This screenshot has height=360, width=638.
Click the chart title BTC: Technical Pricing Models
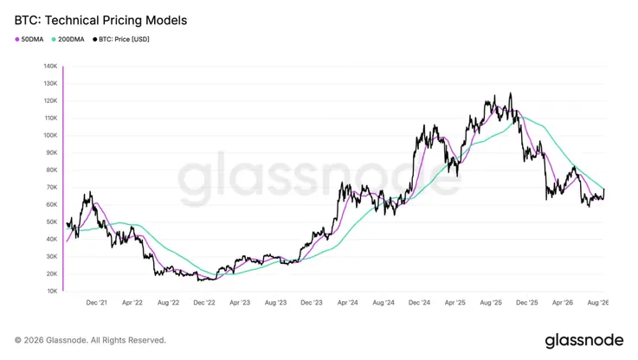(x=100, y=21)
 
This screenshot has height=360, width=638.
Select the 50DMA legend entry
(x=29, y=40)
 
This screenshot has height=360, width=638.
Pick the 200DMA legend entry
(x=68, y=40)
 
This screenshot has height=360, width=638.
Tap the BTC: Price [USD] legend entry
(x=121, y=40)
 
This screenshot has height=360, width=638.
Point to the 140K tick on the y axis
(x=50, y=66)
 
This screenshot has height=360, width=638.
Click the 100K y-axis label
(x=50, y=136)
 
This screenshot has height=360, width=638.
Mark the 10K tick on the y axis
(x=52, y=292)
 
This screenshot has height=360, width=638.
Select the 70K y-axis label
(x=52, y=188)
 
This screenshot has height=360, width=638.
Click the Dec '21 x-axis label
(x=96, y=303)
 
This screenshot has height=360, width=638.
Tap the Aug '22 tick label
(x=168, y=303)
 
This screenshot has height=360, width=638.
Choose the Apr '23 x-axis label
(x=240, y=303)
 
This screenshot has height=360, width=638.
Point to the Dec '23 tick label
(x=312, y=303)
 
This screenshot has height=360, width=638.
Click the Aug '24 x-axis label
(x=383, y=303)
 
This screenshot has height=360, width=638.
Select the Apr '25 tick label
(x=454, y=303)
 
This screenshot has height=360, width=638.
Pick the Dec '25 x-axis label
(x=527, y=303)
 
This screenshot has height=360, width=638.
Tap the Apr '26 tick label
(x=563, y=303)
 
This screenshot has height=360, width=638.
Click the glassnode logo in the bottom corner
(x=583, y=340)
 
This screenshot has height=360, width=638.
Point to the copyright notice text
(x=90, y=340)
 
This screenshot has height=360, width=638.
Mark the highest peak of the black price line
(x=510, y=93)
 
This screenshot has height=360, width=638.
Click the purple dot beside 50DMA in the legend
(x=17, y=40)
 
